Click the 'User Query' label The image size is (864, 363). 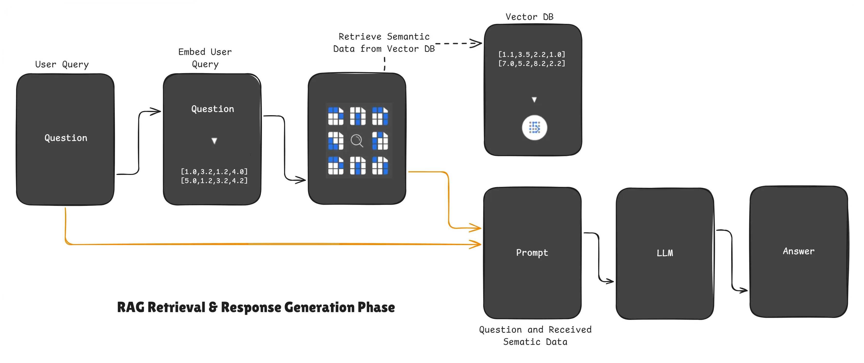[x=62, y=64]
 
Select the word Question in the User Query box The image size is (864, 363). [x=66, y=138]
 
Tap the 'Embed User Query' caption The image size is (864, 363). [x=205, y=58]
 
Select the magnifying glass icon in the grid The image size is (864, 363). [x=357, y=141]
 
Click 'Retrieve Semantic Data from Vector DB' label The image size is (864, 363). [x=384, y=43]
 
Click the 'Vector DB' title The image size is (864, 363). [x=529, y=17]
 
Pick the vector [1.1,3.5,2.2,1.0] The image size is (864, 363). [x=532, y=54]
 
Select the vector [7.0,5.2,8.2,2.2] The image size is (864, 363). [x=532, y=63]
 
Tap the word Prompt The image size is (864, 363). [x=532, y=253]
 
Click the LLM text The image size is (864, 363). [x=664, y=253]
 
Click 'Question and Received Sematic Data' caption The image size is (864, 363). [x=535, y=335]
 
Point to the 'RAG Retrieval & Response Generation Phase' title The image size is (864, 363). [x=256, y=307]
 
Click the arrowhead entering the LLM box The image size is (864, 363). [x=610, y=281]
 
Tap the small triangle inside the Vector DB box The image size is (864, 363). [x=534, y=100]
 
